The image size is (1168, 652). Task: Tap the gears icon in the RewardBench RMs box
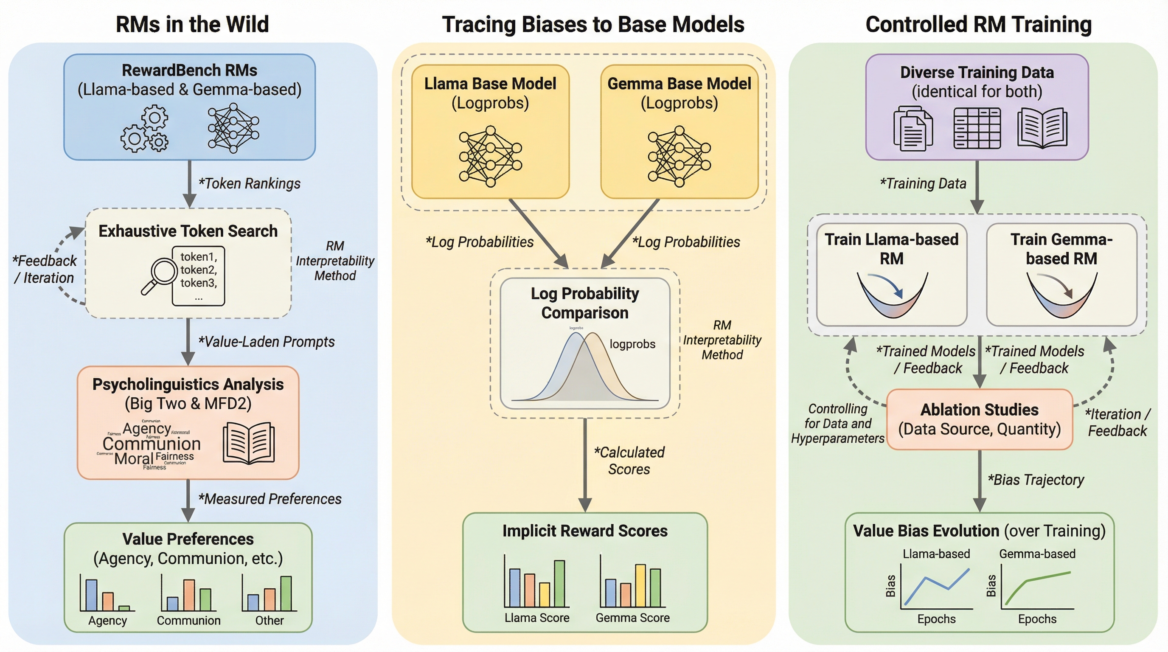pyautogui.click(x=145, y=129)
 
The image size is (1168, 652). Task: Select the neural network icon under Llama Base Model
pyautogui.click(x=490, y=157)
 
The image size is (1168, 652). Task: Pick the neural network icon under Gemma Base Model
pyautogui.click(x=679, y=157)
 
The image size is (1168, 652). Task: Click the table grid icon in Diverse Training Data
pyautogui.click(x=977, y=128)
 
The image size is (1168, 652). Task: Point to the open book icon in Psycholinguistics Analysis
pyautogui.click(x=249, y=443)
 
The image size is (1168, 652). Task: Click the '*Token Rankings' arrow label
pyautogui.click(x=250, y=184)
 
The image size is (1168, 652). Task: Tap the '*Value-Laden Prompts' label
pyautogui.click(x=267, y=342)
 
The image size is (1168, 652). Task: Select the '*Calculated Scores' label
pyautogui.click(x=629, y=461)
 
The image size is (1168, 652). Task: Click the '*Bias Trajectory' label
pyautogui.click(x=1036, y=480)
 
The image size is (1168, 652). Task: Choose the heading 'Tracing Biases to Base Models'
pyautogui.click(x=593, y=25)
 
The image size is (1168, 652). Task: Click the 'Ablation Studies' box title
pyautogui.click(x=980, y=410)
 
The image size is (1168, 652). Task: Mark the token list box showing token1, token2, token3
pyautogui.click(x=199, y=275)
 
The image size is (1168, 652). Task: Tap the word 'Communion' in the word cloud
pyautogui.click(x=152, y=444)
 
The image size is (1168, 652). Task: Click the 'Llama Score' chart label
pyautogui.click(x=537, y=618)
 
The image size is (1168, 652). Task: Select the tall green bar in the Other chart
pyautogui.click(x=286, y=593)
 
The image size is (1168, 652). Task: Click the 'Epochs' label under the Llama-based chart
pyautogui.click(x=936, y=619)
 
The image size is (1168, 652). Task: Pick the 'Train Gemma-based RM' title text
pyautogui.click(x=1061, y=249)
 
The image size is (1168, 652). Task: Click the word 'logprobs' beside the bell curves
pyautogui.click(x=632, y=344)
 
